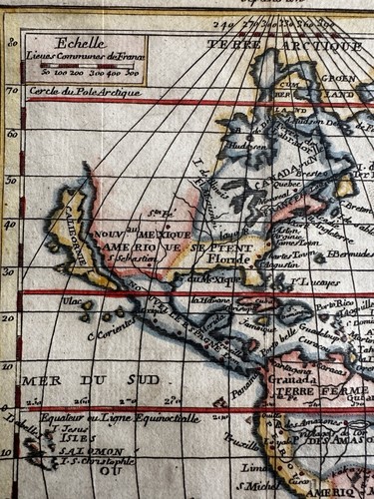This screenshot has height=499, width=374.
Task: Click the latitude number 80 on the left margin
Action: click(x=12, y=42)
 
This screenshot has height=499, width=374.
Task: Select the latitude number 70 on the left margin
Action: click(x=12, y=90)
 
